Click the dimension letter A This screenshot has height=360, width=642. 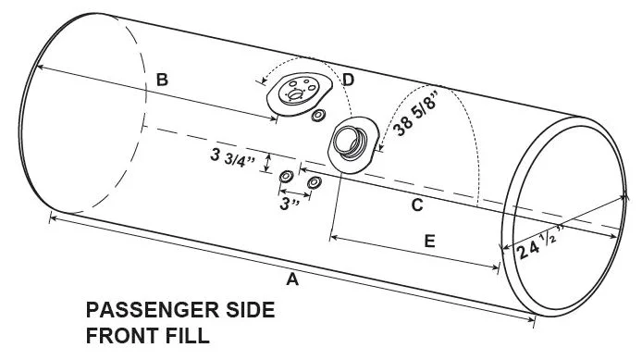point(292,279)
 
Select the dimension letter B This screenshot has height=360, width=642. point(162,80)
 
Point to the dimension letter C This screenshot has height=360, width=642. point(417,205)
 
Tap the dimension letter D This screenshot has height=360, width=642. point(348,80)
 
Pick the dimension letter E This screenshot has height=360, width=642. point(429,242)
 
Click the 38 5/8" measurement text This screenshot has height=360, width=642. point(415,110)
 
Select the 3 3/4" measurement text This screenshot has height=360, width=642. point(232,157)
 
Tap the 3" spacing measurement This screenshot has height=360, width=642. point(290,204)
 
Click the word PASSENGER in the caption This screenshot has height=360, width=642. point(154,310)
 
